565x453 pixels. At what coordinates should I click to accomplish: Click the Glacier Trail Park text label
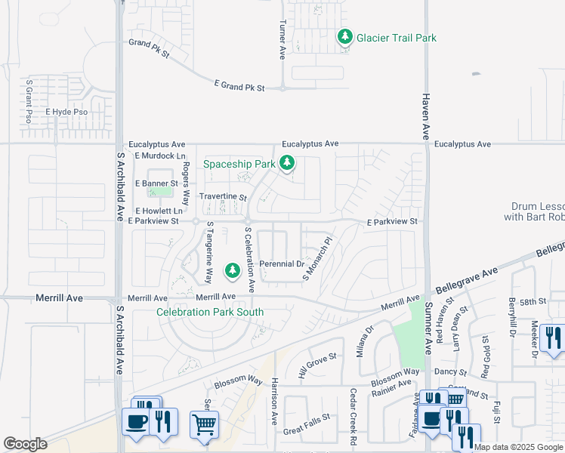396,38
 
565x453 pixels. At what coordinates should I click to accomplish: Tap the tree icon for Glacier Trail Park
344,36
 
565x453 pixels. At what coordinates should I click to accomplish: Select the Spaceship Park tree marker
286,162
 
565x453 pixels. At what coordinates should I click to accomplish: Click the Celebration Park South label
210,312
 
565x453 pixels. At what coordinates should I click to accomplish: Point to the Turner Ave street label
282,40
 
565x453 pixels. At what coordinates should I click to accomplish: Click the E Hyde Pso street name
66,112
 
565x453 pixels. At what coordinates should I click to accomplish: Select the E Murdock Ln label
160,156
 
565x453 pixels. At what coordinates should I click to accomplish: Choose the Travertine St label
223,196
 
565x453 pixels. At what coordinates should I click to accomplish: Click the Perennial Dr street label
282,264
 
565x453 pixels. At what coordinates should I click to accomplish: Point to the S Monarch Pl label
317,260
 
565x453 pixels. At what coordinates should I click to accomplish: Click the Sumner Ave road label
428,329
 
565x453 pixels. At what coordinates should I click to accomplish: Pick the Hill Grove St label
316,365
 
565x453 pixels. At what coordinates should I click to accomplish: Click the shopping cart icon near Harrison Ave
204,424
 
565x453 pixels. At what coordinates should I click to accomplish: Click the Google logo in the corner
25,444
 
